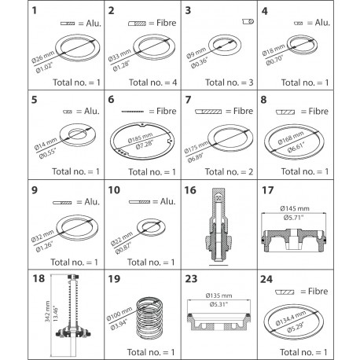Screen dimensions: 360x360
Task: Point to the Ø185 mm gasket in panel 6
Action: tap(145, 141)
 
